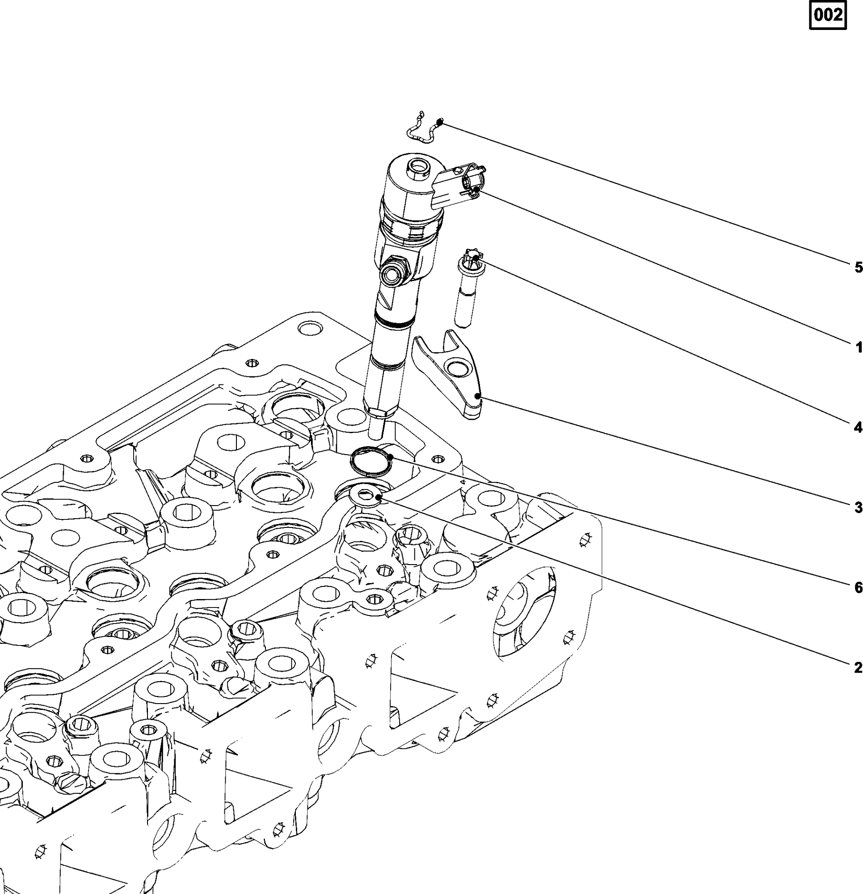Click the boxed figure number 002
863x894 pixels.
(x=827, y=16)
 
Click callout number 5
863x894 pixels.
(x=858, y=267)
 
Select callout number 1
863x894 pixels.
(x=858, y=348)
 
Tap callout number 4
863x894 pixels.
(x=858, y=427)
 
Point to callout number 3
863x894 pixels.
(x=858, y=507)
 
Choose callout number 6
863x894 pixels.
(x=858, y=587)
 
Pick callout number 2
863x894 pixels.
(x=858, y=668)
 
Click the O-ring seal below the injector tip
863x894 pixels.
(x=371, y=462)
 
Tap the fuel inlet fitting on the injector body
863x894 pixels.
(x=393, y=274)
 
